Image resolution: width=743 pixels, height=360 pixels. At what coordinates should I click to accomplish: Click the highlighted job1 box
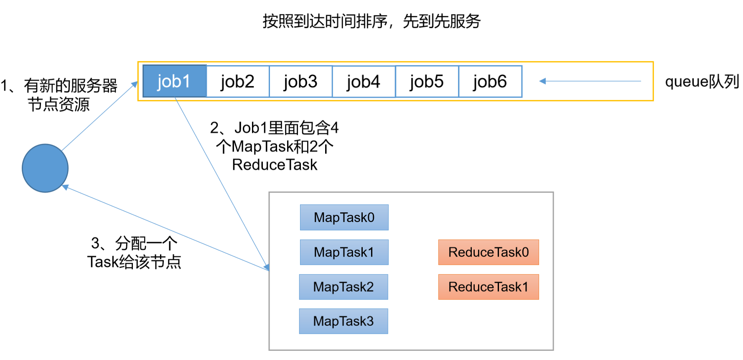(x=175, y=81)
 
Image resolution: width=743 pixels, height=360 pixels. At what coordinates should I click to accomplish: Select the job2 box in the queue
(x=238, y=82)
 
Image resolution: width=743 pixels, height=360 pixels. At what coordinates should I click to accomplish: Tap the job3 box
(x=301, y=82)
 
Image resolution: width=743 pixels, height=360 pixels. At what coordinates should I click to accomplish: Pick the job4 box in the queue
(x=364, y=82)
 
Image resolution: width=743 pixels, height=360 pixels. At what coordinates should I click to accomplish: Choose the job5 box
(x=427, y=82)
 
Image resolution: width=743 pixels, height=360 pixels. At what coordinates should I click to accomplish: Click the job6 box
(x=490, y=82)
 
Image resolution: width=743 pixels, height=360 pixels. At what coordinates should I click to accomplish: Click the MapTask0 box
(x=344, y=217)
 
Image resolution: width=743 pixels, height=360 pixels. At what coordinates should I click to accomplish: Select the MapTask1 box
(x=344, y=252)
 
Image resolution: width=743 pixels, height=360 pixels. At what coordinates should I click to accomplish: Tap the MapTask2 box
(x=344, y=287)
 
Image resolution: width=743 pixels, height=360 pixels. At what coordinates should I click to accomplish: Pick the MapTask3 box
(x=344, y=321)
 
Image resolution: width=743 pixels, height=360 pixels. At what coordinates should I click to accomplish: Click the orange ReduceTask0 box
(x=488, y=252)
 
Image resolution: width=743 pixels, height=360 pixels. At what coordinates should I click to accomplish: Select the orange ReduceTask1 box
(x=488, y=287)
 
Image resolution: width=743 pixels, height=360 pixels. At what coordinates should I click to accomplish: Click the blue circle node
(x=45, y=168)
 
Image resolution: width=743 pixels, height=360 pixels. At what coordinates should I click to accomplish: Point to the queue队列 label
(x=702, y=82)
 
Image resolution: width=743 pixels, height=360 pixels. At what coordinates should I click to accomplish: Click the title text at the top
(x=371, y=21)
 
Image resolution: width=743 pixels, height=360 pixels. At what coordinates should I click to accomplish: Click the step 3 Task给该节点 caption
(x=134, y=253)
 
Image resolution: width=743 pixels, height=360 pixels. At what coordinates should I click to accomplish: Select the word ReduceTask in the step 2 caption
(x=275, y=165)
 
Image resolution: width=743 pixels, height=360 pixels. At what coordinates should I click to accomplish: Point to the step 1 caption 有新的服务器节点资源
(x=59, y=95)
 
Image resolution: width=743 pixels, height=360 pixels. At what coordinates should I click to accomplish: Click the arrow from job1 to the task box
(x=221, y=182)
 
